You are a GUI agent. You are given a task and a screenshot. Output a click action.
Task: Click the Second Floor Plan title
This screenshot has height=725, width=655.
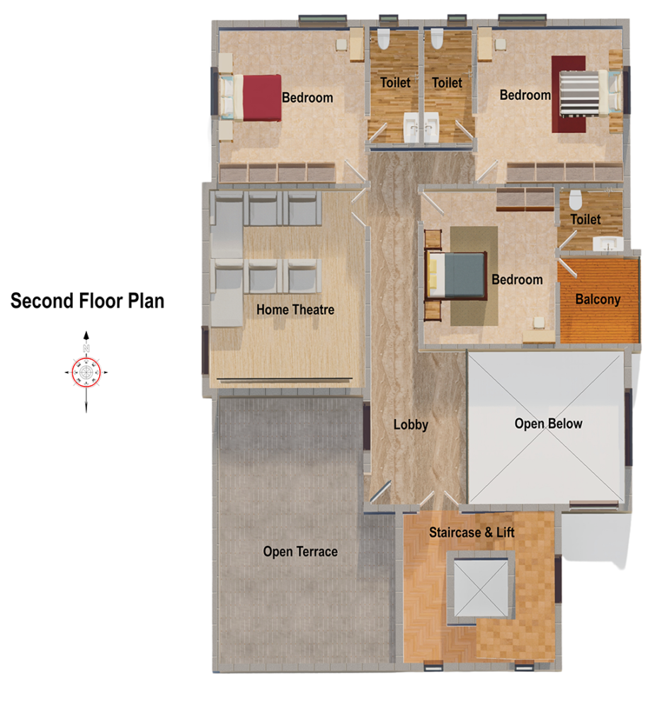(87, 301)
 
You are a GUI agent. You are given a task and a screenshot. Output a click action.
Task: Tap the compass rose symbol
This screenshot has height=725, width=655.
(86, 370)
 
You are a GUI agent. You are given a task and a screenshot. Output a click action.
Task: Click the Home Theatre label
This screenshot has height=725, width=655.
(295, 309)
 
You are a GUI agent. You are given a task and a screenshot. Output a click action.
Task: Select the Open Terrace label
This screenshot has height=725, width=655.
(300, 552)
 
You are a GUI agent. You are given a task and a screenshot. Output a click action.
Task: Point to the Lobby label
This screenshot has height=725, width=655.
(411, 425)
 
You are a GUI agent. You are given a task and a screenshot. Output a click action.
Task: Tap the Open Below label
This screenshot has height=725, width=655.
(548, 424)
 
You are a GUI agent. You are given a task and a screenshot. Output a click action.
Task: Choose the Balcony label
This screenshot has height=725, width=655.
(598, 299)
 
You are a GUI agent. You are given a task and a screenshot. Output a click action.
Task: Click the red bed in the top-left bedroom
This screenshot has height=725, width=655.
(261, 98)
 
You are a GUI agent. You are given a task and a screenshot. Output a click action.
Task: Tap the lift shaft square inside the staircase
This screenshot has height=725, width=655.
(481, 586)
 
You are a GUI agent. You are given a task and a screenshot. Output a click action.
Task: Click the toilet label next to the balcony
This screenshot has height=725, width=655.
(586, 219)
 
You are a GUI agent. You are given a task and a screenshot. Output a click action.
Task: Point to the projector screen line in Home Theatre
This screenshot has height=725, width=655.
(285, 379)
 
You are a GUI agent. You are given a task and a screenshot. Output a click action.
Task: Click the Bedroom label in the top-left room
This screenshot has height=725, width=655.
(307, 98)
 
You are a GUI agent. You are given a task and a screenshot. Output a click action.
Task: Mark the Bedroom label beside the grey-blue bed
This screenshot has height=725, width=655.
(517, 280)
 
